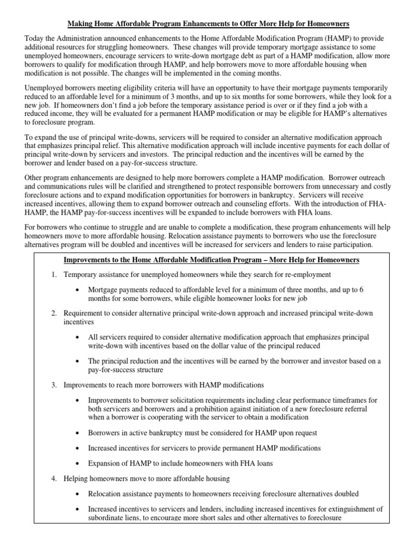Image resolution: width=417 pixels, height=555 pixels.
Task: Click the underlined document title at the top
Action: (208, 24)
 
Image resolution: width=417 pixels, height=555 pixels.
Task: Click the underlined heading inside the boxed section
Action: (212, 260)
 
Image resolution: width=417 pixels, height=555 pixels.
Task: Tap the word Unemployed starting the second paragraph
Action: (47, 87)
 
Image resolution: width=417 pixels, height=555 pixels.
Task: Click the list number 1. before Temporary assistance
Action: (54, 275)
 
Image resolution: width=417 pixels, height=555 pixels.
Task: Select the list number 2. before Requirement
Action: (54, 313)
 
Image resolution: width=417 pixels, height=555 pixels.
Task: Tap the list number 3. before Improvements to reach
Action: (54, 385)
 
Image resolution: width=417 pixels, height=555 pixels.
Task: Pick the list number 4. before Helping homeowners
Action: (54, 479)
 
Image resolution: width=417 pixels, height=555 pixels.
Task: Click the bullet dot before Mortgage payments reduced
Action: (79, 290)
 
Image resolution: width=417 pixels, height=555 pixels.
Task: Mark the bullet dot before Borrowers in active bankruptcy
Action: (79, 433)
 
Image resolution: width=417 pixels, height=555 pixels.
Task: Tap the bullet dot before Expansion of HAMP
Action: (79, 463)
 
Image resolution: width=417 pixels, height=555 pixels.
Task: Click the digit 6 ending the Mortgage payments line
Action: (362, 290)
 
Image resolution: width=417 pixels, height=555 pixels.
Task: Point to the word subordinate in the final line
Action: (106, 518)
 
